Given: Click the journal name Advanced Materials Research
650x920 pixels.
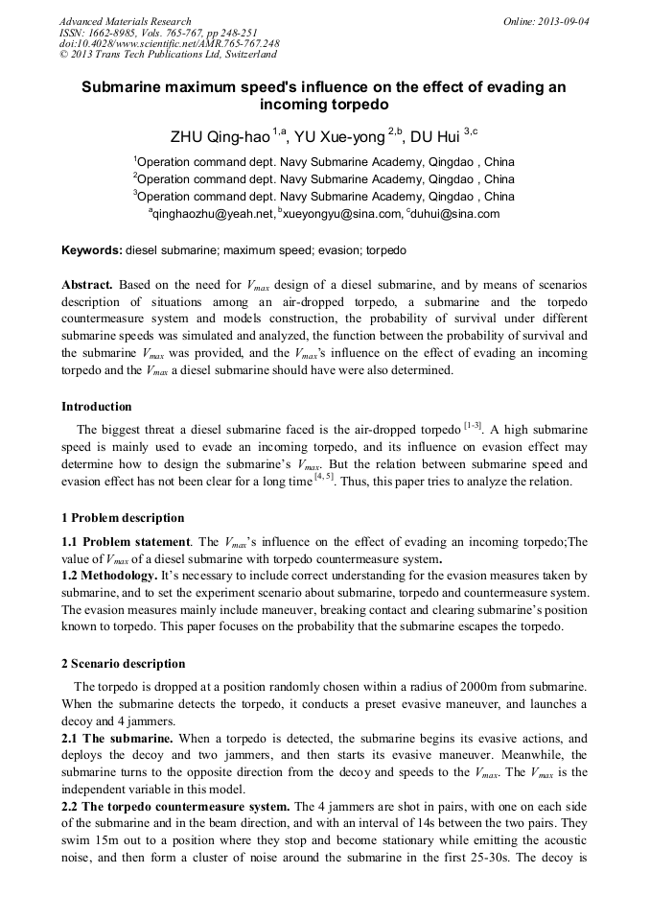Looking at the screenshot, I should [x=125, y=21].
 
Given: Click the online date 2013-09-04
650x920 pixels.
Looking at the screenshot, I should [x=567, y=21].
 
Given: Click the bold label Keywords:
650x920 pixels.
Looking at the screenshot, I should [x=92, y=250].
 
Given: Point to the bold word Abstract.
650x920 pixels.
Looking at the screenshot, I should [x=87, y=286].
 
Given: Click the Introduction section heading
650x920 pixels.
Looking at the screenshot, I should [x=97, y=407].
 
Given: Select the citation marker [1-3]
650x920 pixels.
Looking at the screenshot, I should [x=473, y=425].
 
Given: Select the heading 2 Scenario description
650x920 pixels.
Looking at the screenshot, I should [x=124, y=664].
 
